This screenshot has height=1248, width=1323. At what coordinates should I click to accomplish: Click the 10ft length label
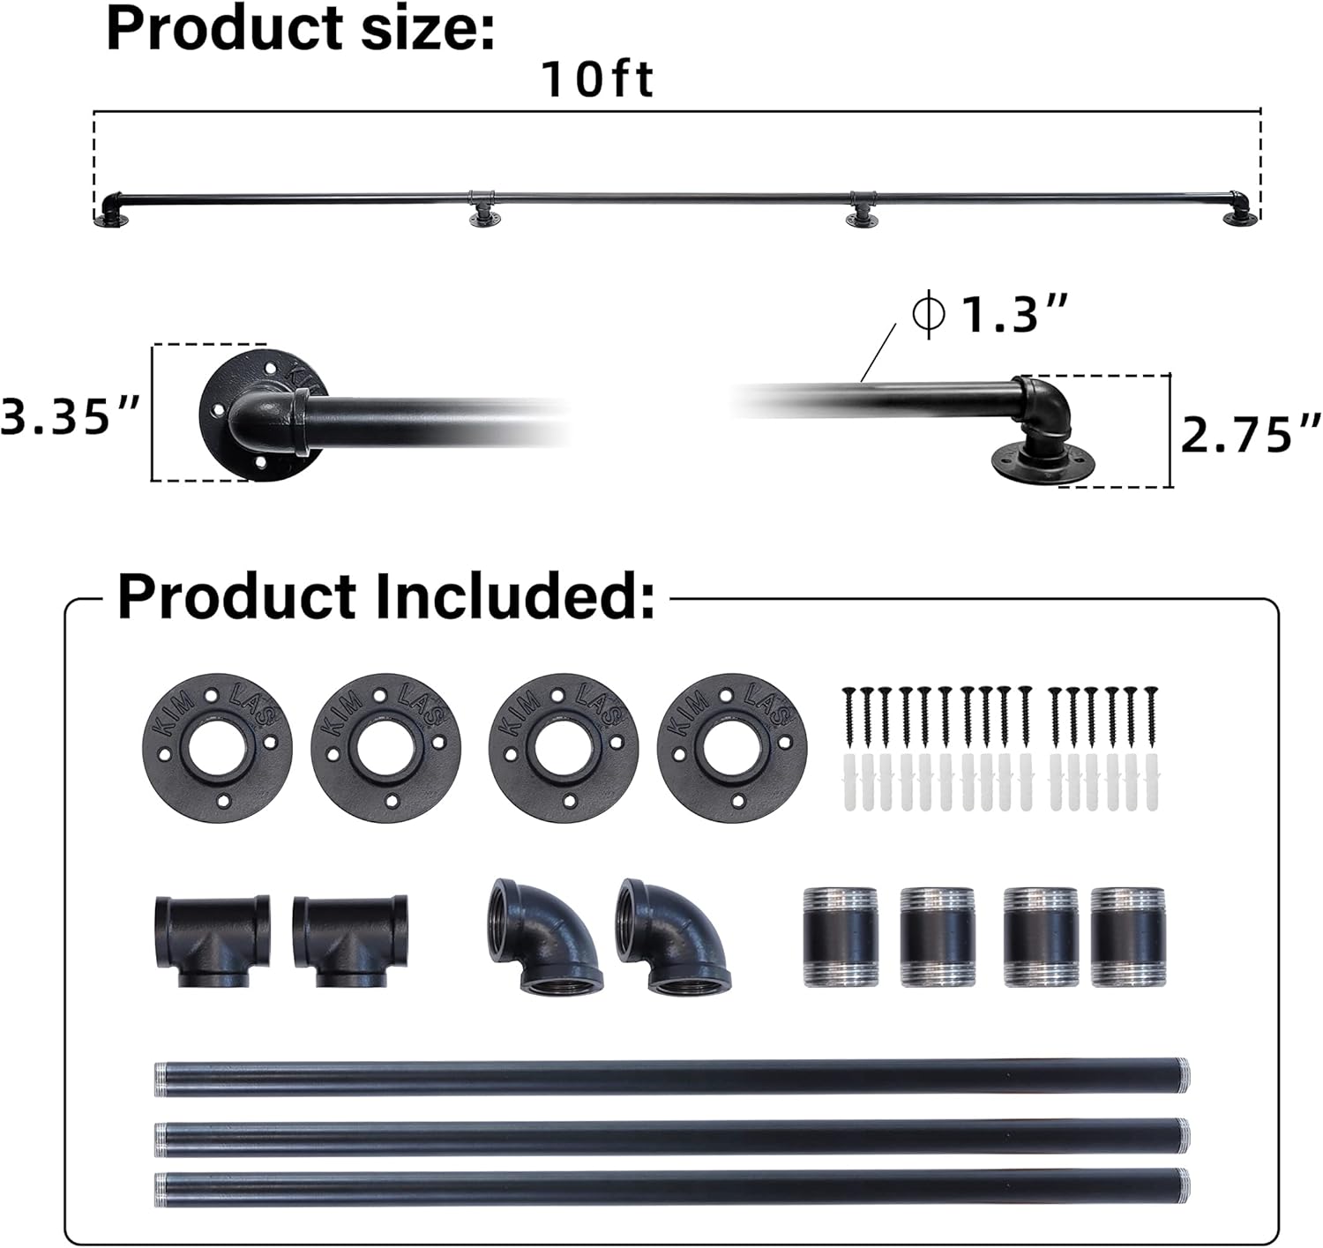596,79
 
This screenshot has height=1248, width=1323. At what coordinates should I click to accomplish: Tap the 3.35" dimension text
71,415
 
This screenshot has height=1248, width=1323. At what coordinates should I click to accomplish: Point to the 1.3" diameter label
1014,314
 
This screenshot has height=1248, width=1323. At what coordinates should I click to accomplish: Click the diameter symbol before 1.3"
929,314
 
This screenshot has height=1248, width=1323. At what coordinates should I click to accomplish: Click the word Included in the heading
514,597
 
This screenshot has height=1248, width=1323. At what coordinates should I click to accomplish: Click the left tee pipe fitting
213,940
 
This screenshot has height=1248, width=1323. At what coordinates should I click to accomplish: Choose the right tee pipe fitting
349,940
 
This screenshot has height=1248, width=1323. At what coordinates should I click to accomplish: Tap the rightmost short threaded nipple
1127,937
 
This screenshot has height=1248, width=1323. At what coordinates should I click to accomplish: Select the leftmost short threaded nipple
840,937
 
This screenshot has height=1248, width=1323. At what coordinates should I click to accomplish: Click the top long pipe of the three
671,1078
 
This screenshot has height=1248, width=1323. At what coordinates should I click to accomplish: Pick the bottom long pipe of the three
671,1187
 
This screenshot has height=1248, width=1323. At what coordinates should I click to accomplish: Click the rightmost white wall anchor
1151,781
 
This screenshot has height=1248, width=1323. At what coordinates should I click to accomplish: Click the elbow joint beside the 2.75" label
1043,408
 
